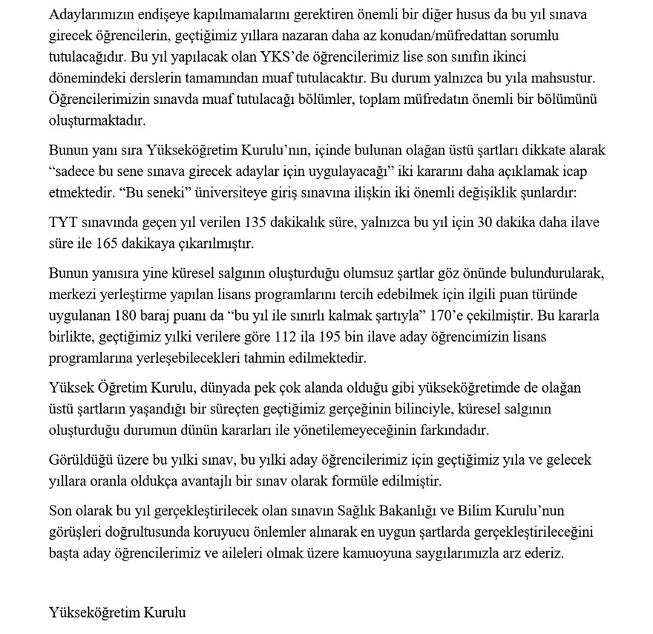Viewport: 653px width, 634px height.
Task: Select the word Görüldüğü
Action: coord(79,461)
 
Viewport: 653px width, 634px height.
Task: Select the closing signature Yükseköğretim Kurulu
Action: coord(117,612)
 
